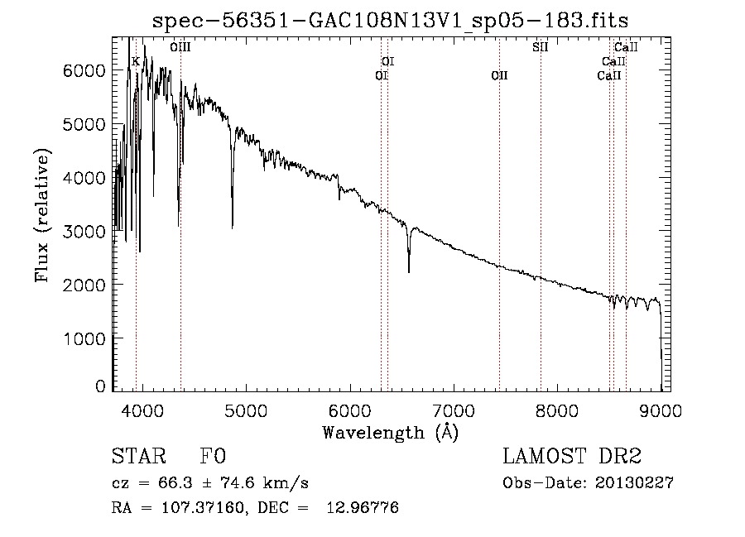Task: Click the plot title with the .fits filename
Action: (390, 21)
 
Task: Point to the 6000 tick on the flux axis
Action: (84, 71)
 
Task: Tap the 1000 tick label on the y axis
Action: (84, 339)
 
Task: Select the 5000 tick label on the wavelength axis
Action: (246, 410)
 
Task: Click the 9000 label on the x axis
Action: (661, 410)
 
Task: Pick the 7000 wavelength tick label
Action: (454, 410)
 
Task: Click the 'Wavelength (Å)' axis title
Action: (391, 433)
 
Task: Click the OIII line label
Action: (180, 47)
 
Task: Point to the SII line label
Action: (541, 47)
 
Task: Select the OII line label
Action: (499, 75)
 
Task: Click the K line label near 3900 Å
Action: (136, 62)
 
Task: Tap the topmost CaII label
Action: (626, 47)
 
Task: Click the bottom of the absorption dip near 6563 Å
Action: (409, 271)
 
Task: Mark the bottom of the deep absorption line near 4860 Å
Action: (233, 228)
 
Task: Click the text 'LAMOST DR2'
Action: (572, 456)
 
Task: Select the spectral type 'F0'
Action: (213, 456)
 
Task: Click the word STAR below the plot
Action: (139, 456)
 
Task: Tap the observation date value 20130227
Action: (634, 483)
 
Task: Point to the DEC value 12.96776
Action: (363, 508)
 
